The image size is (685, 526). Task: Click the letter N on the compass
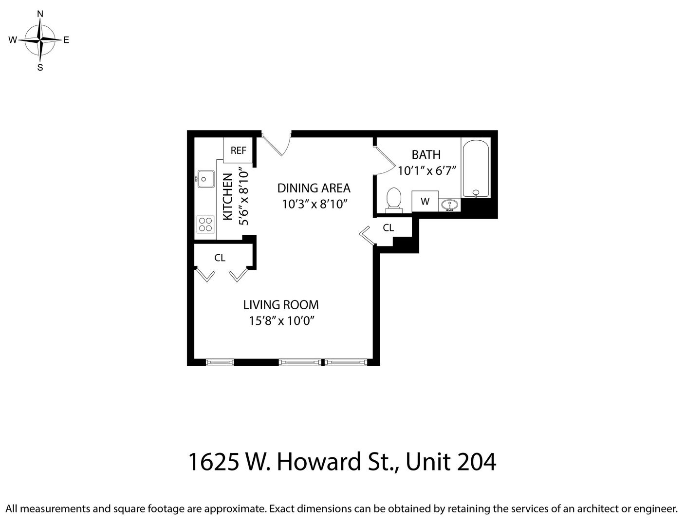[x=40, y=14]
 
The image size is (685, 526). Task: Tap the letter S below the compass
[x=40, y=68]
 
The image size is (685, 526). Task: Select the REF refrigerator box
[x=238, y=150]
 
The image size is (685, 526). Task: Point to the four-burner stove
[x=205, y=224]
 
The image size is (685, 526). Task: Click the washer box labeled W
[x=425, y=201]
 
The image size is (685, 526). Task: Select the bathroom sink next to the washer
[x=449, y=206]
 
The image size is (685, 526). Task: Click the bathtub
[x=476, y=169]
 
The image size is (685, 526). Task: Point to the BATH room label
[x=426, y=155]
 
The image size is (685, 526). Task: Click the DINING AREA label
[x=314, y=188]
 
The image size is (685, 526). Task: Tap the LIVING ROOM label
[x=281, y=305]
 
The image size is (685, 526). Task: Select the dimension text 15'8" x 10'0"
[x=282, y=321]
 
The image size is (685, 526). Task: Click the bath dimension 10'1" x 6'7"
[x=427, y=171]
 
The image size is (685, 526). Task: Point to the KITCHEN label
[x=227, y=196]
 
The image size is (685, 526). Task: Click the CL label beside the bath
[x=389, y=227]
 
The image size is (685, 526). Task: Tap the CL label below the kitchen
[x=220, y=258]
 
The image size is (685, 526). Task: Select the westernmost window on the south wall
[x=220, y=362]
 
